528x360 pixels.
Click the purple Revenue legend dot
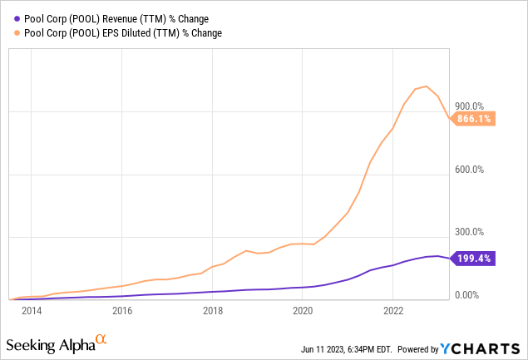17,19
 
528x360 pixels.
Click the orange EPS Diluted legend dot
17,33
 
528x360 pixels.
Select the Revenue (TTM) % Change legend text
116,19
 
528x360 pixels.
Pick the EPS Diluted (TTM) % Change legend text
123,33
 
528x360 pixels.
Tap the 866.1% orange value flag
472,119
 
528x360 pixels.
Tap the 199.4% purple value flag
472,259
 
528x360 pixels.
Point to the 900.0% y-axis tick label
470,106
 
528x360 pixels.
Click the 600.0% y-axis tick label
470,169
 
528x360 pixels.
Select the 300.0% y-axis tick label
470,232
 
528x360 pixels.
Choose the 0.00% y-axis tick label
466,295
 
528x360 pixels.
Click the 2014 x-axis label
32,310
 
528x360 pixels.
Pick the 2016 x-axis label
122,310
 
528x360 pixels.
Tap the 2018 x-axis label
213,310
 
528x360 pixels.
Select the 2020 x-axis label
303,310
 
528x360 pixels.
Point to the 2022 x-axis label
393,310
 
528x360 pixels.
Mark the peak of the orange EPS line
427,86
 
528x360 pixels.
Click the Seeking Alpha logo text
51,345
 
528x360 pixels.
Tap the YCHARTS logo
480,348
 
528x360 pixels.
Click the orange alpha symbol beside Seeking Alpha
101,338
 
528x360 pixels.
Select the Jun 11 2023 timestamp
347,349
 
